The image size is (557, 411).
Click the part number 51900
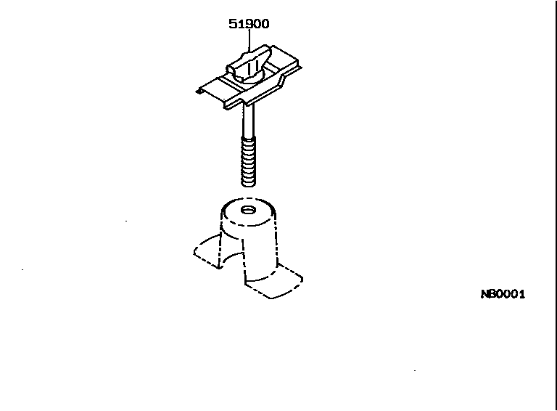pos(249,23)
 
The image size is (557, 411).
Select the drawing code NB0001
pos(502,294)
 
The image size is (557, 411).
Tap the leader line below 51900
pos(249,40)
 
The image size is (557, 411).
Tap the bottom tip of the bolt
pos(247,184)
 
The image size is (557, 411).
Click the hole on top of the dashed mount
pos(248,211)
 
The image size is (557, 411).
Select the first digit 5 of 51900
pos(232,23)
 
